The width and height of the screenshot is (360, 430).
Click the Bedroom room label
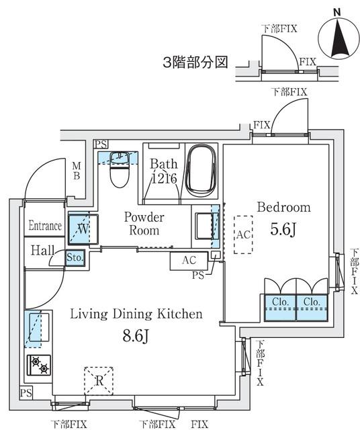(283, 207)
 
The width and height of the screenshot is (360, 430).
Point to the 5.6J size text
(283, 228)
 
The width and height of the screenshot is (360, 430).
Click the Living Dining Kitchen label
(136, 314)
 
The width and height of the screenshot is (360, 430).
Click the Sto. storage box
(75, 257)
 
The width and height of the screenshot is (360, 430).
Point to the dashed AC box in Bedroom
(243, 234)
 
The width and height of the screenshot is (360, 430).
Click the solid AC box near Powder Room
(189, 260)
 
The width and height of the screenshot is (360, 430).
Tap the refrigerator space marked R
(98, 380)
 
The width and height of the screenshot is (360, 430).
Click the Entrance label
(45, 226)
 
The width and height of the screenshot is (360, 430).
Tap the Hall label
(42, 250)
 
